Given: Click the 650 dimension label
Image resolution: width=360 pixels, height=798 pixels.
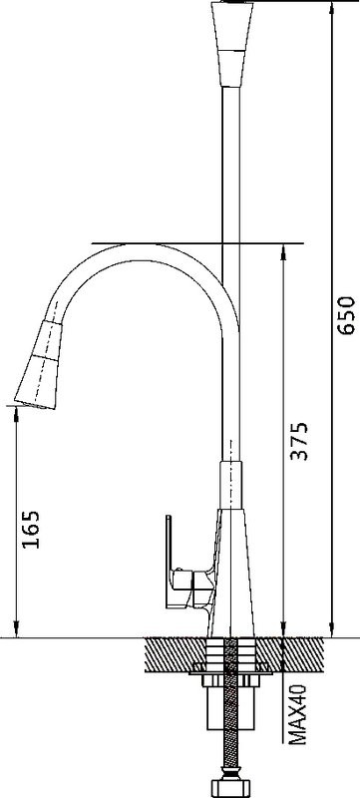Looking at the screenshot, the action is (x=347, y=314).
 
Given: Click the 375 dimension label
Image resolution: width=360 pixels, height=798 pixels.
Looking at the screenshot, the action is (x=299, y=441).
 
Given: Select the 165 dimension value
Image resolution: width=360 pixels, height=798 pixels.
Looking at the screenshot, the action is (x=32, y=529).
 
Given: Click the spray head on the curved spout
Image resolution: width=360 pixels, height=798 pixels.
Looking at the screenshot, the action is (x=42, y=365).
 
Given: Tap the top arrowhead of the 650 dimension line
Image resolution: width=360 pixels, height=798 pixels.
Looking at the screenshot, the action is (x=333, y=7).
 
